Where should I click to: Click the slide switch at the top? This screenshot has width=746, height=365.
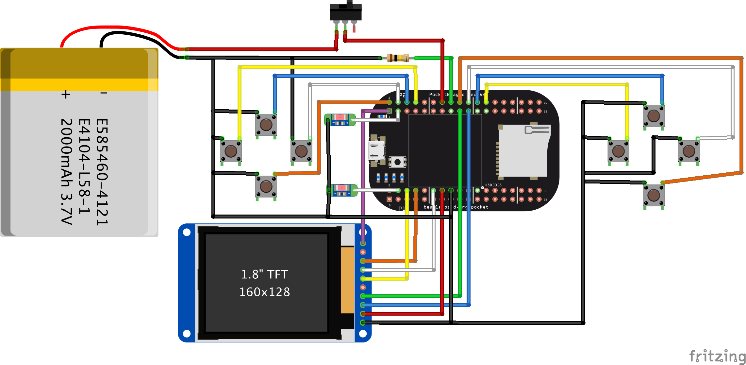tap(345, 12)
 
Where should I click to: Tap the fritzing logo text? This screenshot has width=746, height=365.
tap(717, 356)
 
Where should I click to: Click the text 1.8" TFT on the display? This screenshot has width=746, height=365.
tap(264, 274)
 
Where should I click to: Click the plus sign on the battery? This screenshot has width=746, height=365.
tap(66, 95)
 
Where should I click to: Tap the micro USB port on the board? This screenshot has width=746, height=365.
tap(376, 151)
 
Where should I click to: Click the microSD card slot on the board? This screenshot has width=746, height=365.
tap(523, 151)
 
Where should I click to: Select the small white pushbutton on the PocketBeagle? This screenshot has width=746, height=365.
tap(397, 162)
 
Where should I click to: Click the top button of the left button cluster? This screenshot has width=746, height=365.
tap(266, 125)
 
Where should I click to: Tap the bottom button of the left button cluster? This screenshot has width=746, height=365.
tap(266, 186)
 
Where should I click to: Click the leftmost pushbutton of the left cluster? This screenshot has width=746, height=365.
tap(231, 151)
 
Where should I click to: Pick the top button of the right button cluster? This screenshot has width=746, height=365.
tap(654, 116)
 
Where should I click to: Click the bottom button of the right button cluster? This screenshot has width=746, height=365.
tap(654, 195)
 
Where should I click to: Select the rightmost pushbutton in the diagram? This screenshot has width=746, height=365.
tap(689, 151)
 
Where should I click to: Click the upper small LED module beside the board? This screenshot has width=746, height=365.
tap(340, 120)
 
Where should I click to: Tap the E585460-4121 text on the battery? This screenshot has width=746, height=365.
tap(102, 171)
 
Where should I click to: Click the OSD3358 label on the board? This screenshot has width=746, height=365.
tap(493, 185)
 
